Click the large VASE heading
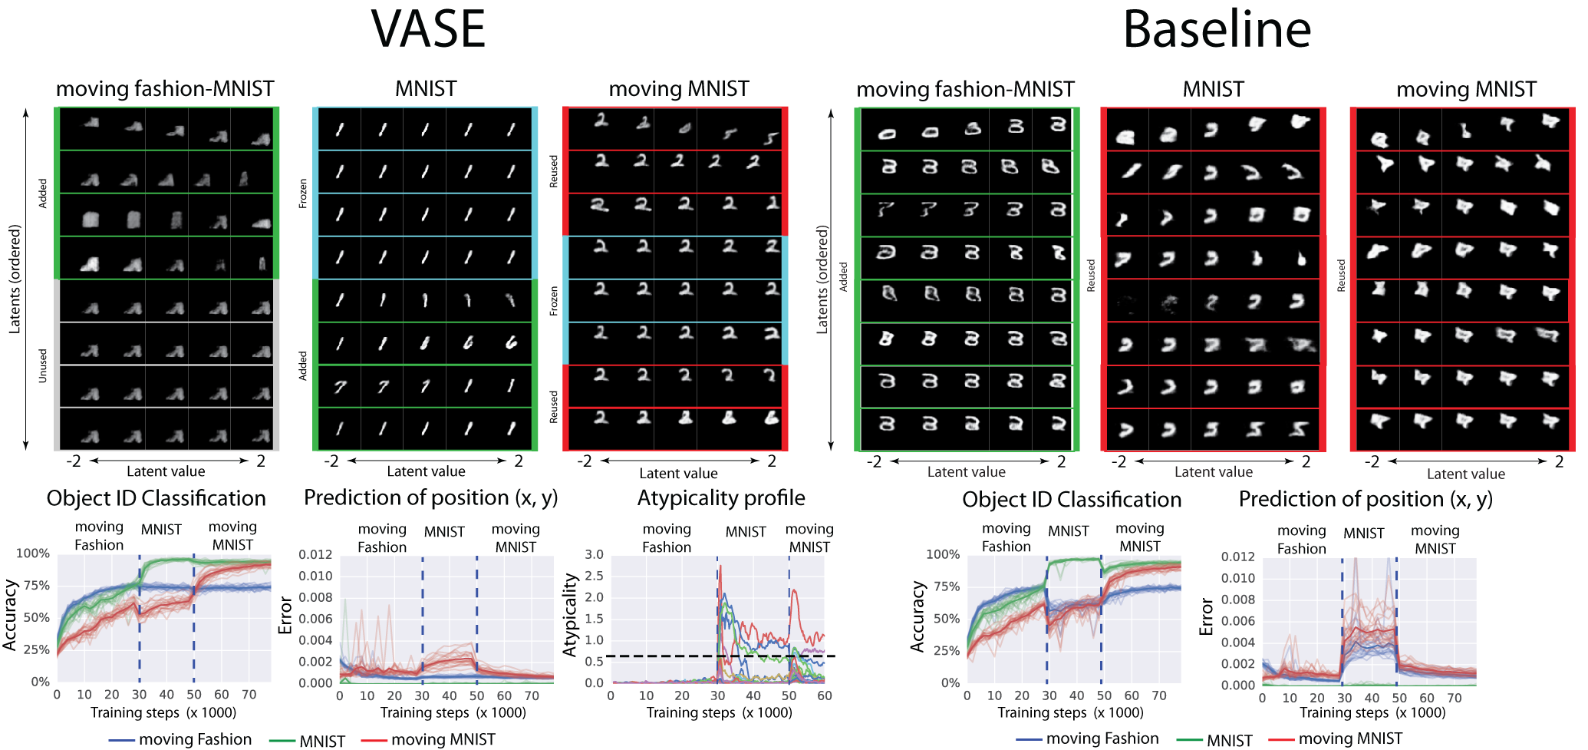(x=428, y=29)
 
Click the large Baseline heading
(x=1217, y=29)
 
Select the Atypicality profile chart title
(x=721, y=498)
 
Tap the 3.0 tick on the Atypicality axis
(x=594, y=554)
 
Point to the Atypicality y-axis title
(x=570, y=616)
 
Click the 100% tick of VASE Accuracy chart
(x=33, y=553)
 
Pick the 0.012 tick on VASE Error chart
(x=315, y=554)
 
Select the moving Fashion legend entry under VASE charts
(x=195, y=739)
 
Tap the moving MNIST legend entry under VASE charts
(x=443, y=739)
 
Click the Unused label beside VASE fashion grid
(x=43, y=365)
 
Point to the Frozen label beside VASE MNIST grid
(x=303, y=193)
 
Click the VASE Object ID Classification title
(x=156, y=498)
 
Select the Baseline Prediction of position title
(x=1366, y=500)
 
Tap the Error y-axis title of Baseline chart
(x=1206, y=617)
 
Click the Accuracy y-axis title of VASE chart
(x=10, y=616)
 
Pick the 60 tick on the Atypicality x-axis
(x=825, y=695)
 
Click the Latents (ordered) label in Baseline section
(x=822, y=279)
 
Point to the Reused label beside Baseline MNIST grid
(x=1092, y=275)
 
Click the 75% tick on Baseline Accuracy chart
(x=946, y=586)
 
